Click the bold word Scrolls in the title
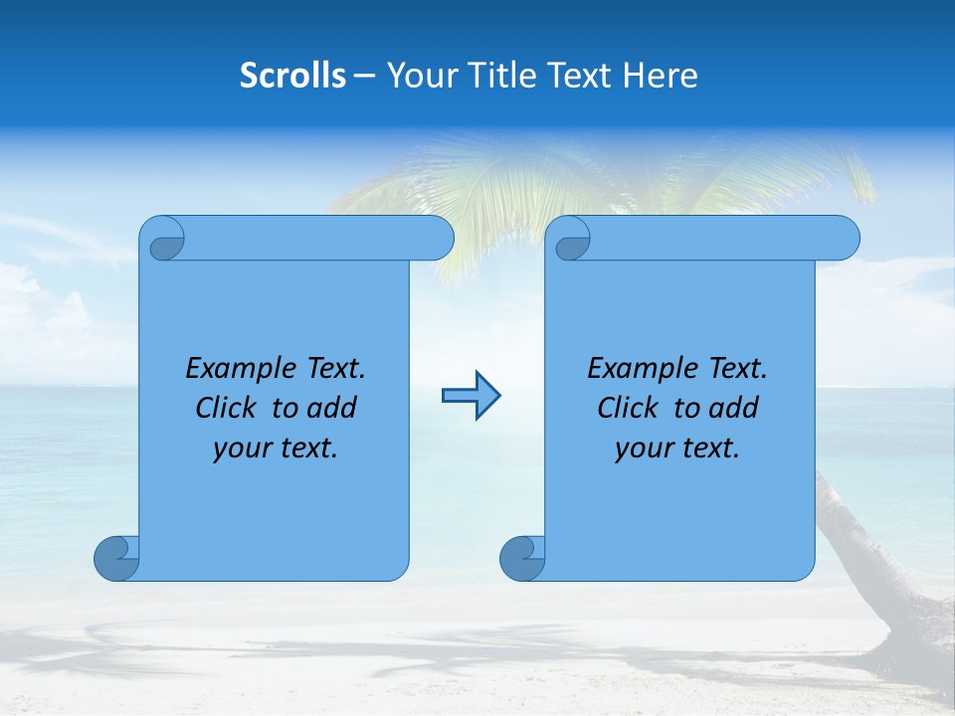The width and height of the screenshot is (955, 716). pyautogui.click(x=293, y=76)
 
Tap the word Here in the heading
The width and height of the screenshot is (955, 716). pyautogui.click(x=661, y=76)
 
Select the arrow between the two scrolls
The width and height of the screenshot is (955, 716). pyautogui.click(x=471, y=396)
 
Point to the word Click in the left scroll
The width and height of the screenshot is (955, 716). pyautogui.click(x=230, y=408)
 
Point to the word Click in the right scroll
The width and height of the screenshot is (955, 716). pyautogui.click(x=631, y=408)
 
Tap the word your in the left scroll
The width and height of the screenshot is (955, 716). pyautogui.click(x=241, y=448)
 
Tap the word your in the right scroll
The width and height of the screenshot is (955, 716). pyautogui.click(x=643, y=448)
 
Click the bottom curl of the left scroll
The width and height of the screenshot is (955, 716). pyautogui.click(x=115, y=558)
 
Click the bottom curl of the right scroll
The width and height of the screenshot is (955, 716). pyautogui.click(x=521, y=558)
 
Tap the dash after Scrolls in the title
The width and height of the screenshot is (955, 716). pyautogui.click(x=364, y=77)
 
